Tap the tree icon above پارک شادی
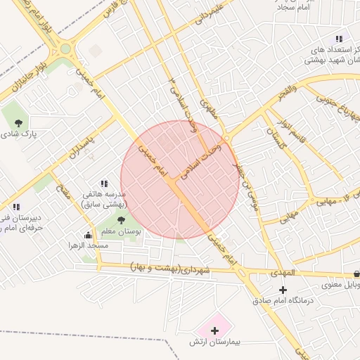[x=18, y=123]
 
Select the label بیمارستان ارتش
[x=215, y=341]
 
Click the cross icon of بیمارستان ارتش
[x=215, y=329]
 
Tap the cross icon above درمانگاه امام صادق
[x=283, y=290]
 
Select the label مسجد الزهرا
[x=89, y=245]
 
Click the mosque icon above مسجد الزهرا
[x=88, y=236]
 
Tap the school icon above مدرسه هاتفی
[x=104, y=184]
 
